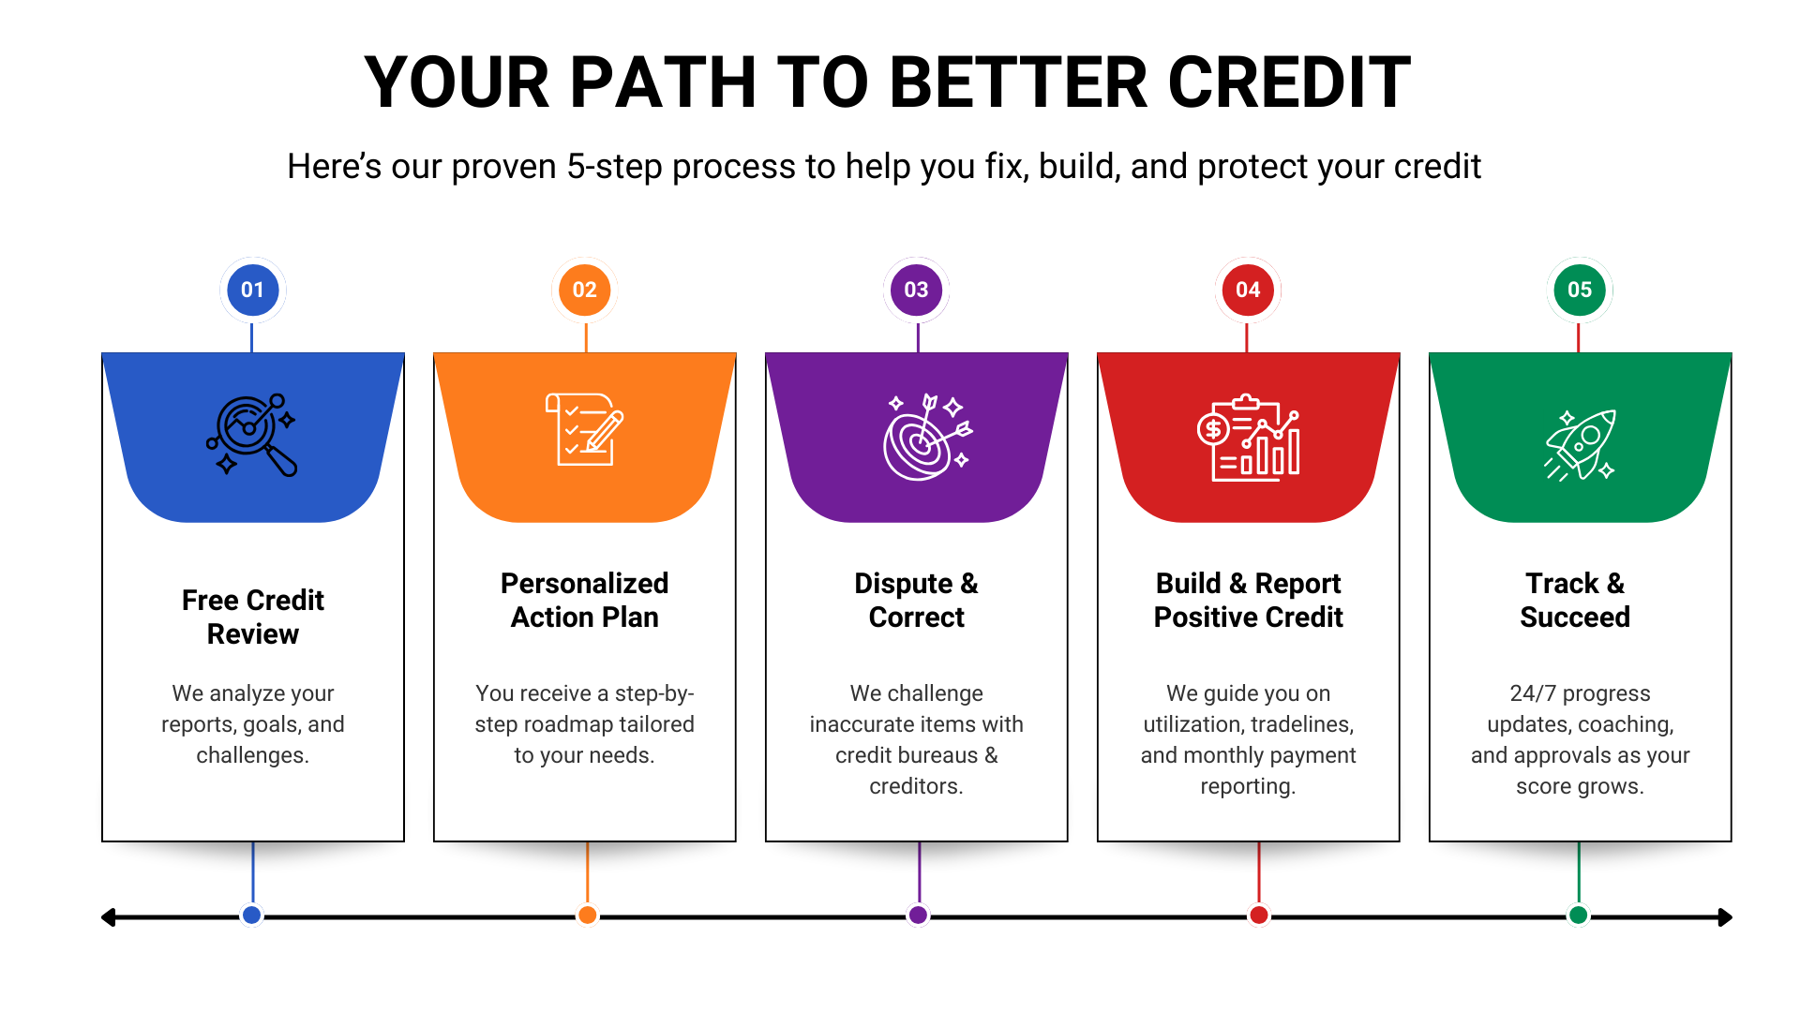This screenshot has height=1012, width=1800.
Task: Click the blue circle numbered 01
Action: click(252, 290)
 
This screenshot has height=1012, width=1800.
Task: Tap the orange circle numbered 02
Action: click(584, 290)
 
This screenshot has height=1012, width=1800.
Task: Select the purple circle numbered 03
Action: click(916, 290)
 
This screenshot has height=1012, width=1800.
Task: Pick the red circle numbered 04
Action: click(1248, 290)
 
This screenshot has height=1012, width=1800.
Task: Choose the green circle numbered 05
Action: click(1580, 290)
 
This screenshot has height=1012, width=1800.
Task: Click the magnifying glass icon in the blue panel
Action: click(251, 435)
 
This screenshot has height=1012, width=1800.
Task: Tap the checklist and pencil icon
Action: click(584, 429)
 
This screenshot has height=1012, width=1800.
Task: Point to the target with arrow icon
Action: click(927, 437)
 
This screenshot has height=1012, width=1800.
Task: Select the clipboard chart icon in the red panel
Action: click(1249, 438)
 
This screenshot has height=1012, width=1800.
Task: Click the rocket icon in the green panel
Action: click(1581, 444)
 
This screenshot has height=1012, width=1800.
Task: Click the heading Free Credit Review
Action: click(253, 617)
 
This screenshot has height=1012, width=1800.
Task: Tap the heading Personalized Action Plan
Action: click(584, 600)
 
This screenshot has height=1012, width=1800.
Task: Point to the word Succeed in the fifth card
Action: click(1575, 618)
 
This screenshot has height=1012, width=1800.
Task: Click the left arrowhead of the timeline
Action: click(107, 917)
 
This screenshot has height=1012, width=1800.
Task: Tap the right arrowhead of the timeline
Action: click(1725, 917)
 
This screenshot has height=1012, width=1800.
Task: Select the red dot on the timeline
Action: click(1259, 915)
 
